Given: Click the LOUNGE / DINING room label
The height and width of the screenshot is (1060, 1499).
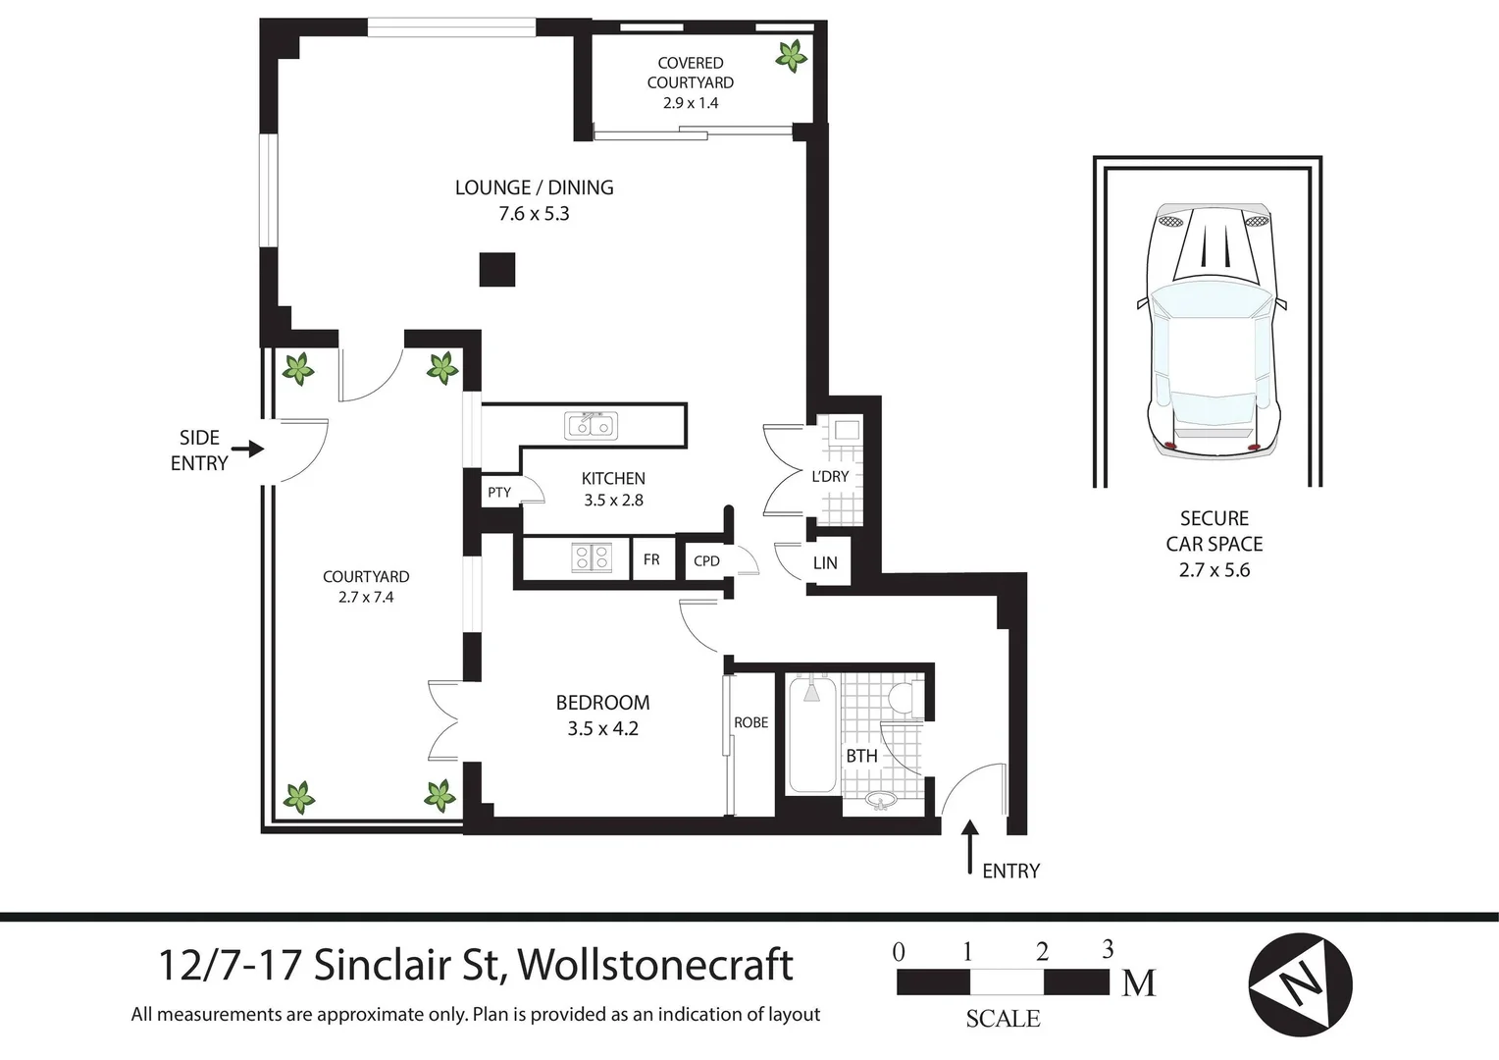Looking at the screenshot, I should click(534, 187).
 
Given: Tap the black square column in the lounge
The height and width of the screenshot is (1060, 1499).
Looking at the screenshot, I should click(497, 270).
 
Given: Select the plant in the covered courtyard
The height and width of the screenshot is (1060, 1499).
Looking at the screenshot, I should click(791, 56).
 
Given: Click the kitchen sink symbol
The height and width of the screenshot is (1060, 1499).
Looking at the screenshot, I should click(592, 425).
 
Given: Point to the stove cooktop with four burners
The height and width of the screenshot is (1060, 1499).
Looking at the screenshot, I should click(592, 558).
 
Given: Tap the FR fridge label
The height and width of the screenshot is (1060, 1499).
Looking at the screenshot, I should click(651, 559).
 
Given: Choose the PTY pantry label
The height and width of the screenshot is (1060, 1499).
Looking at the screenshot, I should click(499, 492).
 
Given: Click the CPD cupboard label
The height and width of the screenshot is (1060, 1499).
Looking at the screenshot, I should click(706, 561).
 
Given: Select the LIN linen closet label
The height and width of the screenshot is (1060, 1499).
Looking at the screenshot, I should click(825, 563).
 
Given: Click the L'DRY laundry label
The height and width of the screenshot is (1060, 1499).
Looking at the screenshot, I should click(830, 476).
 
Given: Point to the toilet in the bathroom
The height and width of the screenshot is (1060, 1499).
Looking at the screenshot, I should click(902, 698).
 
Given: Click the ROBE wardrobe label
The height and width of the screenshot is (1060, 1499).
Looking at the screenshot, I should click(750, 722).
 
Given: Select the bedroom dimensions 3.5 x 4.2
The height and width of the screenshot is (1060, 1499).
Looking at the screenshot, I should click(602, 729).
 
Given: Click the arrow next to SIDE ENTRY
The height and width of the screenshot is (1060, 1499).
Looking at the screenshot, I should click(253, 450).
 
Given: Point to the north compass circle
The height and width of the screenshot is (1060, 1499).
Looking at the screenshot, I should click(1300, 984).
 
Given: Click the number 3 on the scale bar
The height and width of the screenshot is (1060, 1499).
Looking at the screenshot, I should click(1108, 950).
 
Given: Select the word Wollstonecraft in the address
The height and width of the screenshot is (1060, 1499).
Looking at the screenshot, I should click(655, 965).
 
